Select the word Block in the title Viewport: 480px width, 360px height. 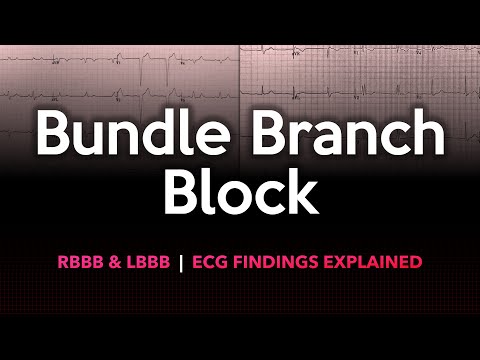[x=239, y=193]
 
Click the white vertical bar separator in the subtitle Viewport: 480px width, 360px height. [x=181, y=263]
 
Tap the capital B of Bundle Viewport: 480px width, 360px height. [x=50, y=137]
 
